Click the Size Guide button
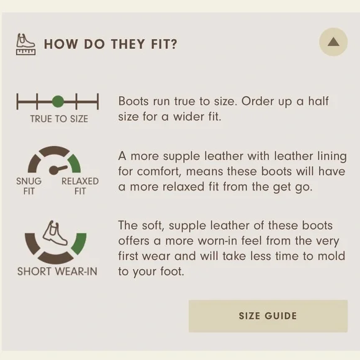268,316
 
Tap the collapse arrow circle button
333,42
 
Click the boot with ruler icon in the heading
25,44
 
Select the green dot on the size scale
58,101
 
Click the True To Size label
59,119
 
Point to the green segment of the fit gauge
74,163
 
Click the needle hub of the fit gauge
54,170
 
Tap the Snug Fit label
29,186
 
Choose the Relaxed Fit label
80,186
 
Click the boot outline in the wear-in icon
55,233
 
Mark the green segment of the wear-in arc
79,243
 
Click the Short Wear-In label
57,271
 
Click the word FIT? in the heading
164,44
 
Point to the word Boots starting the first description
133,101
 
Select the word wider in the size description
189,117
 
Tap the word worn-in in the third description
218,241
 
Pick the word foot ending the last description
172,271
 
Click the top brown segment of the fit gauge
54,151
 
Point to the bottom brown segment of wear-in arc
56,258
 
